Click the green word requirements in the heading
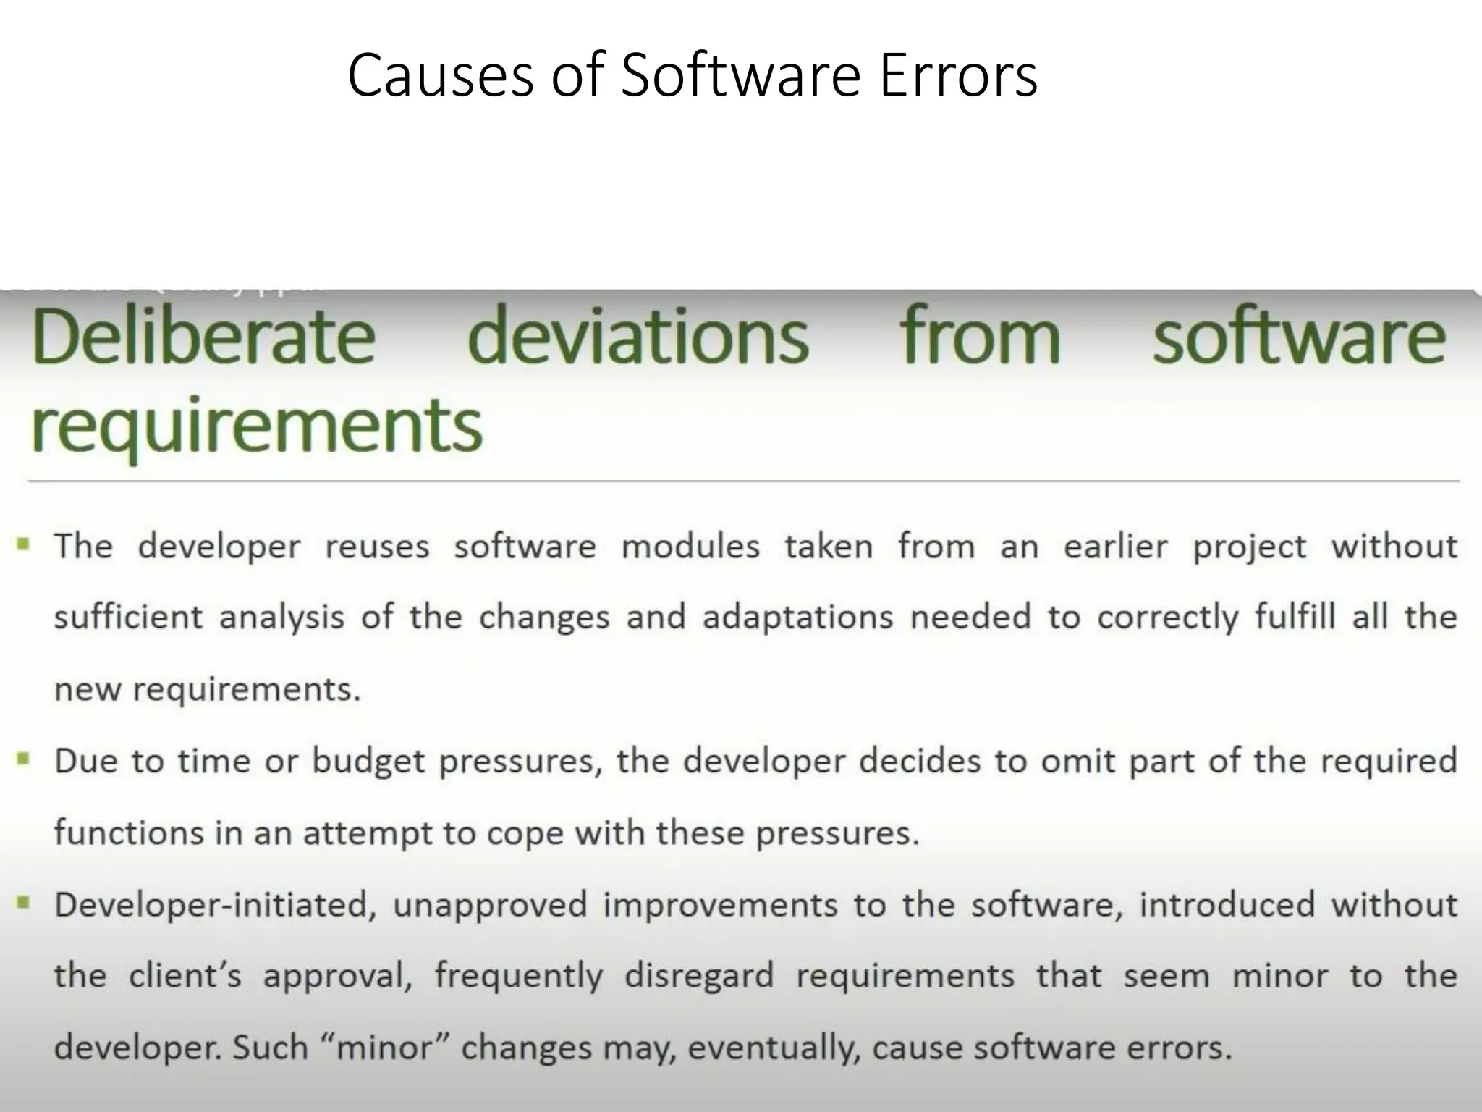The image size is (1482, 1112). [x=257, y=426]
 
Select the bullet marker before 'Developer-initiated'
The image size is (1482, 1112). [x=25, y=903]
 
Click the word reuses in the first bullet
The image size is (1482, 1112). [x=377, y=547]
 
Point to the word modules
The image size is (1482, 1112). [x=690, y=547]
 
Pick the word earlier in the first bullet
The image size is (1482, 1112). [x=1115, y=547]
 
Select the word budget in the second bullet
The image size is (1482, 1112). [x=368, y=762]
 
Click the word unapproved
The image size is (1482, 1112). [x=489, y=906]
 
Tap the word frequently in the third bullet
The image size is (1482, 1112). [x=518, y=977]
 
